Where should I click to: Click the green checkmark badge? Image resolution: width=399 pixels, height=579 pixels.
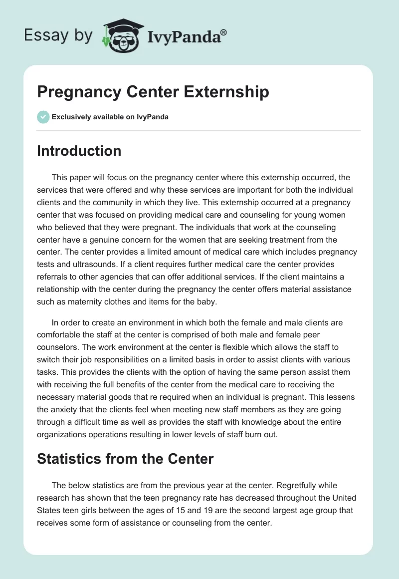[43, 117]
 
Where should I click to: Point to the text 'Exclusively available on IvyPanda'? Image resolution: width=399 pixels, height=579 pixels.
[110, 117]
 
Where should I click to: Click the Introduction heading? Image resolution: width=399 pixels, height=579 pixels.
[79, 151]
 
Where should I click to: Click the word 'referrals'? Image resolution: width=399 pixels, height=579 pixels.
[53, 276]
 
